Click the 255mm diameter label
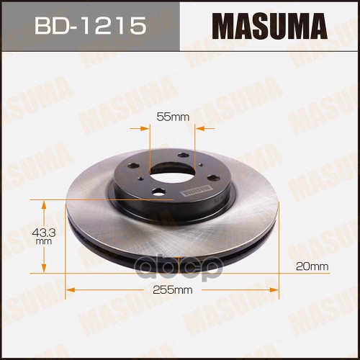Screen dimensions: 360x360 tap(172, 290)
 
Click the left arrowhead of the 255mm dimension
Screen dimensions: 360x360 tap(70, 290)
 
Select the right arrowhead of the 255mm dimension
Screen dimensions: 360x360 tap(276, 290)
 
